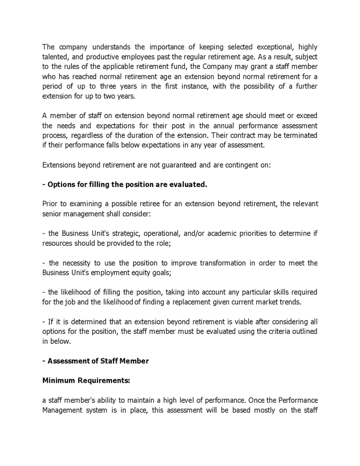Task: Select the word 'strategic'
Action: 133,234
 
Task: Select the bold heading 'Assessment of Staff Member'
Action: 98,361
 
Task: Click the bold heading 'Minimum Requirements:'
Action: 86,381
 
